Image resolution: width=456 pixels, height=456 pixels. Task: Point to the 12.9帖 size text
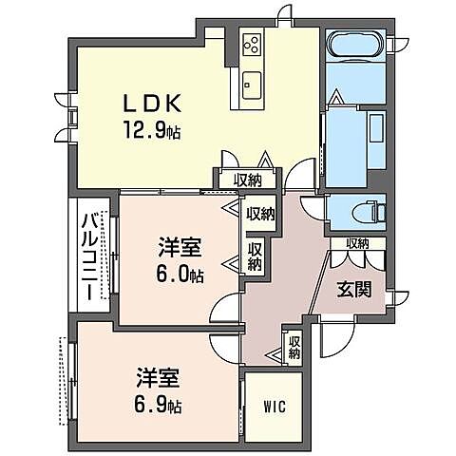pos(149,131)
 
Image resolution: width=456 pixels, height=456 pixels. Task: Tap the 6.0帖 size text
pos(180,275)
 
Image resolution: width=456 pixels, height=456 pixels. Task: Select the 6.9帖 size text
pos(158,406)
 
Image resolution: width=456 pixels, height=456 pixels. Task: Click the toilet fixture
pos(365,211)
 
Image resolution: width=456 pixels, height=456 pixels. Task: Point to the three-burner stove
pos(254,45)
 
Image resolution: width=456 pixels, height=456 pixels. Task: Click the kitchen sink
pos(252,80)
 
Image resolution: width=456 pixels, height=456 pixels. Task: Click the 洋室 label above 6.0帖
pos(180,249)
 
